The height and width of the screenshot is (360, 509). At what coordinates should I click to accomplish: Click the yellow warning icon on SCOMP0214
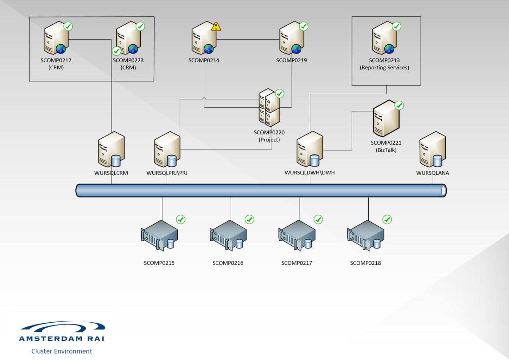[216, 27]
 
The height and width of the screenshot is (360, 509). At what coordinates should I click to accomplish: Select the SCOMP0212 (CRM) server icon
[56, 38]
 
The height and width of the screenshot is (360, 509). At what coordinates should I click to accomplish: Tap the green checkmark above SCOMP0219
[304, 27]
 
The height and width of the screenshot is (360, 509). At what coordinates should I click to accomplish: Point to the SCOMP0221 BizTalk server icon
[386, 119]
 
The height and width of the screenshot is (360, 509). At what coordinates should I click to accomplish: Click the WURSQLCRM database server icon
[111, 149]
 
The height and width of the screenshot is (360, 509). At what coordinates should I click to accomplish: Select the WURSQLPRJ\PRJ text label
[167, 173]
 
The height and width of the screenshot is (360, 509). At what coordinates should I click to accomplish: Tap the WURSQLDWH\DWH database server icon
[310, 149]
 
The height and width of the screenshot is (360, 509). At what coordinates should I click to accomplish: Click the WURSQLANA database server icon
[433, 149]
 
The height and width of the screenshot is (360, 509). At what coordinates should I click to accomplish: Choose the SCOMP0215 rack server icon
[159, 235]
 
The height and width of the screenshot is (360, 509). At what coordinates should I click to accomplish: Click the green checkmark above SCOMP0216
[249, 219]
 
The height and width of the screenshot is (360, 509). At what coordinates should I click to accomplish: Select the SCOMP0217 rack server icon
[297, 235]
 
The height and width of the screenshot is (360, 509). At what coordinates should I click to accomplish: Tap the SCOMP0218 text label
[365, 263]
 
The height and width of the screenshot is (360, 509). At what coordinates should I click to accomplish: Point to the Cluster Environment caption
[62, 351]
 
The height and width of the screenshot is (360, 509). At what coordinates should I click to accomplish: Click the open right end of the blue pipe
[443, 191]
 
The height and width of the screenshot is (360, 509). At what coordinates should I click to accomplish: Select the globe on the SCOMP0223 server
[133, 49]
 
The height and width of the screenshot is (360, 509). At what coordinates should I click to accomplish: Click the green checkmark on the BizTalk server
[399, 106]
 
